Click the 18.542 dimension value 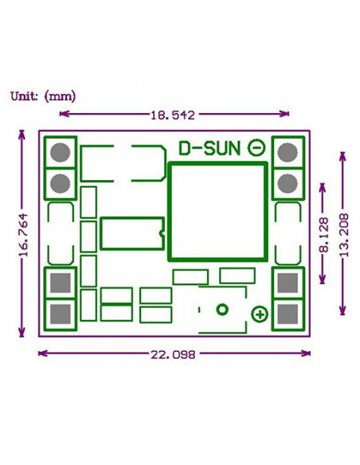coord(173,115)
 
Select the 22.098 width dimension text coord(173,354)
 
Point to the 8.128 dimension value coord(324,235)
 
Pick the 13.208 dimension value coord(344,235)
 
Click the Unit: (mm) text coord(43,96)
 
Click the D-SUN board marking coord(209,148)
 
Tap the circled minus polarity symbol coord(256,147)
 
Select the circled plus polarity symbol coord(260,315)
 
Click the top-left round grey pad coord(61,152)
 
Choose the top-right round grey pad coord(288,152)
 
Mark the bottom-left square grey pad coord(61,314)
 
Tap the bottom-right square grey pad coord(288,314)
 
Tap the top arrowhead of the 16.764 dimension coord(22,134)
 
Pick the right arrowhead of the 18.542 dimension coord(284,113)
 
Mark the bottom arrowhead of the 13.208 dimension coord(342,311)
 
